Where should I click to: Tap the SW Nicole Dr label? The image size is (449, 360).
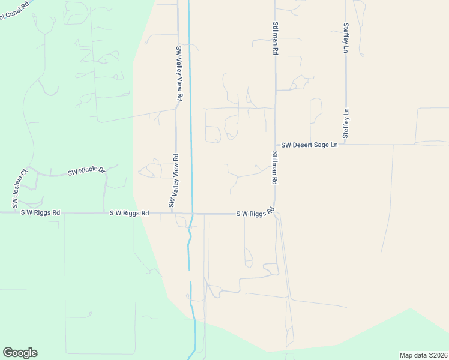(x=86, y=171)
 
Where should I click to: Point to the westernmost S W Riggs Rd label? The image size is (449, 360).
(x=40, y=212)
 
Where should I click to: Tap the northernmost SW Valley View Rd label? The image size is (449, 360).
(x=179, y=73)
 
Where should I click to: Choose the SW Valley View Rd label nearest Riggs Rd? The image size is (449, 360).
(x=175, y=181)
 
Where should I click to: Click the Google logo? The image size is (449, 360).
(x=20, y=353)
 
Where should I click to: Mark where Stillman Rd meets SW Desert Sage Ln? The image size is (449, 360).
(x=275, y=145)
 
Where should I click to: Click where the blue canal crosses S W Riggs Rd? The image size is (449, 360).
(x=192, y=213)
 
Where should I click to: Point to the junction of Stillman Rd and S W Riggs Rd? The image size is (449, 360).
(x=275, y=213)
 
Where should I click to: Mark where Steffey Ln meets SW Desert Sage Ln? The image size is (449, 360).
(x=346, y=145)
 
